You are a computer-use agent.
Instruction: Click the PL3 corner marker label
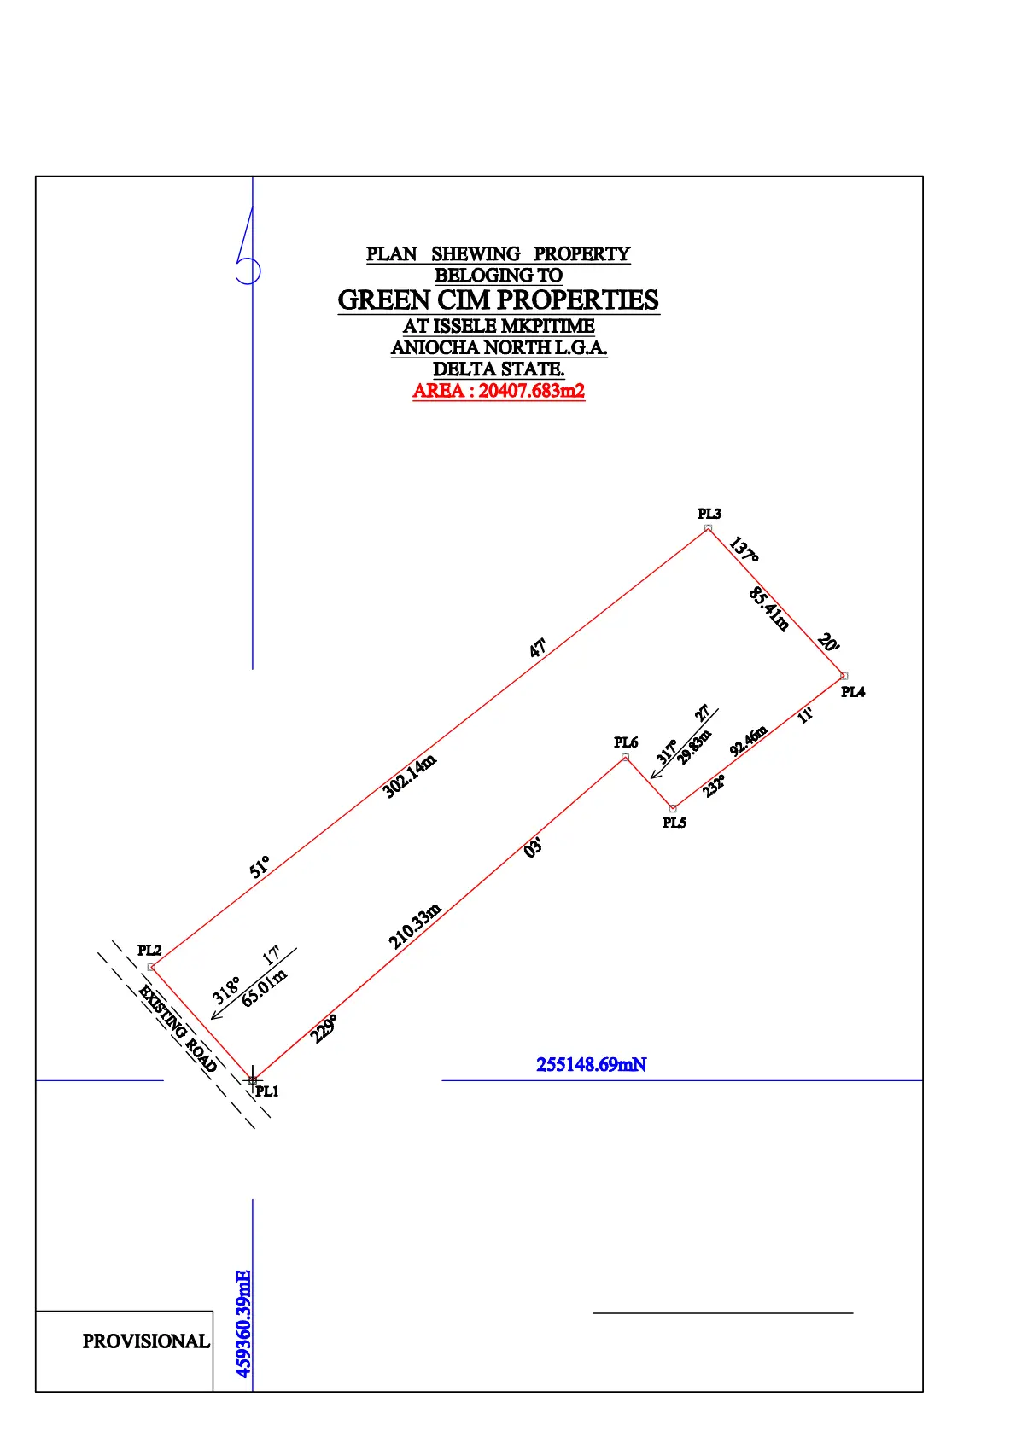tap(709, 514)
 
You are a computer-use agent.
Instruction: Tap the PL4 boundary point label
tap(852, 692)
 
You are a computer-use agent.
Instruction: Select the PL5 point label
tap(674, 823)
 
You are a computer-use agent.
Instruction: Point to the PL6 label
tap(625, 742)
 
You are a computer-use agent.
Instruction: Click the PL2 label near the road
tap(149, 950)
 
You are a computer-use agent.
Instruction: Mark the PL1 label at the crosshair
tap(266, 1091)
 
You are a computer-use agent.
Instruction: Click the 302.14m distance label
tap(410, 776)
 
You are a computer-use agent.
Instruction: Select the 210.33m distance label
tap(415, 926)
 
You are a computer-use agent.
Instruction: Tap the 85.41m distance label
tap(768, 608)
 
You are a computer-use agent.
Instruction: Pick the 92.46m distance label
tap(749, 741)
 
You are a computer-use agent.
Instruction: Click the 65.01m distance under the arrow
tap(264, 988)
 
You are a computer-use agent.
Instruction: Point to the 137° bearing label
tap(744, 550)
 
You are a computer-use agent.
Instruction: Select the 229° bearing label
tap(324, 1028)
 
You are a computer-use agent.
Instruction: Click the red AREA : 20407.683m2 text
tap(499, 391)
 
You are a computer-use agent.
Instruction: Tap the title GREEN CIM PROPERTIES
tap(499, 300)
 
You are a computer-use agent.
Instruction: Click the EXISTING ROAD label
tap(178, 1028)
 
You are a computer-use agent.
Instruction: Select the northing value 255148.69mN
tap(591, 1065)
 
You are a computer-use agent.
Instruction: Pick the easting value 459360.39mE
tap(243, 1324)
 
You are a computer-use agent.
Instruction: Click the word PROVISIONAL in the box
tap(145, 1341)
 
